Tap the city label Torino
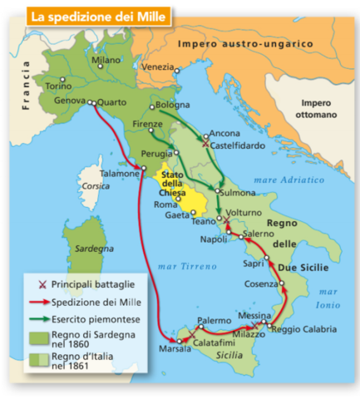tap(58, 86)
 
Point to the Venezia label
tap(158, 66)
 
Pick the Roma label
tap(166, 204)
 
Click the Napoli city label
tap(215, 239)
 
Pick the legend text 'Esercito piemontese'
tap(91, 318)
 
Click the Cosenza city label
tap(260, 284)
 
